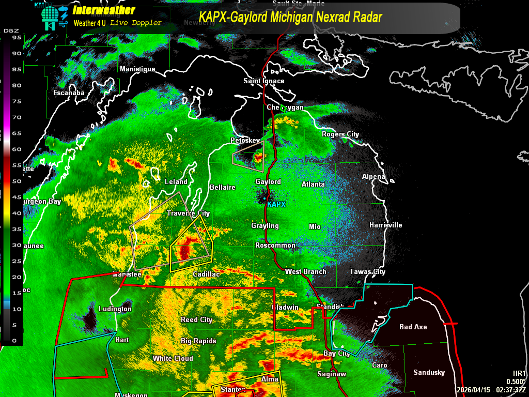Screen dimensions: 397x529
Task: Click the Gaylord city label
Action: (268, 181)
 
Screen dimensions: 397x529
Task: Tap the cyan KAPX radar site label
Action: (276, 204)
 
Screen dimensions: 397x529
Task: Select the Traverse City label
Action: (188, 213)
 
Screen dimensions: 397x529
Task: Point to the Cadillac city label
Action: (206, 274)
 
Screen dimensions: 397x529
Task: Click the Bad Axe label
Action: (413, 327)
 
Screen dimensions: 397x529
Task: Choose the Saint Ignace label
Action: (264, 81)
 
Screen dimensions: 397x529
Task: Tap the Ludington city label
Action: (115, 309)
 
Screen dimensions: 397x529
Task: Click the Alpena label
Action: (374, 176)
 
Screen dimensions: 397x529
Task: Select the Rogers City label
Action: (340, 134)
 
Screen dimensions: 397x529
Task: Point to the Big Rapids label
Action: (198, 341)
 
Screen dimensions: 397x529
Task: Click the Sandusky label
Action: (429, 372)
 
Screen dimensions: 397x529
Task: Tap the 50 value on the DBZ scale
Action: (16, 181)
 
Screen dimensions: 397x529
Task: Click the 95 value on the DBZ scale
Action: (16, 37)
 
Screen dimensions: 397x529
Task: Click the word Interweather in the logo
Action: (104, 10)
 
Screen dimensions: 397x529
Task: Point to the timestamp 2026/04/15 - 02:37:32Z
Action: (491, 390)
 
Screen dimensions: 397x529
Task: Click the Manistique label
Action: (137, 69)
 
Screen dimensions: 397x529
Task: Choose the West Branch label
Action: (305, 271)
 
